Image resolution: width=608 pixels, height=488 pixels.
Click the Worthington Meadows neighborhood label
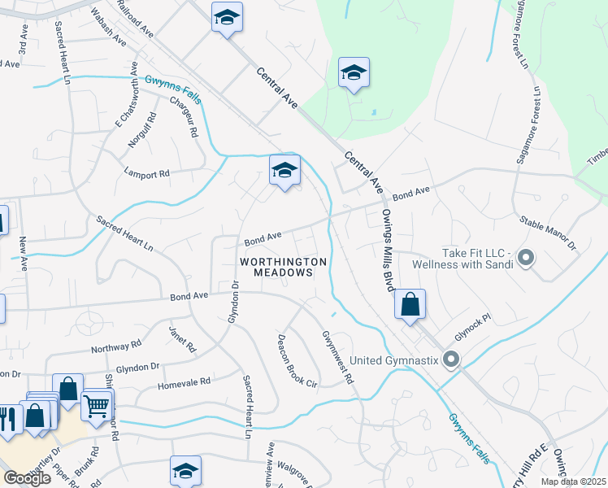pyautogui.click(x=284, y=267)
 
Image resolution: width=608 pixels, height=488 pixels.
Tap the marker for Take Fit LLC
pyautogui.click(x=526, y=259)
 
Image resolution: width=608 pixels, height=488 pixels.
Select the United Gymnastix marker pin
pyautogui.click(x=452, y=359)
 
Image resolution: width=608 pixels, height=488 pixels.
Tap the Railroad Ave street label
pyautogui.click(x=135, y=18)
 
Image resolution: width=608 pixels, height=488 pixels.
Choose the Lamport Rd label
pyautogui.click(x=146, y=173)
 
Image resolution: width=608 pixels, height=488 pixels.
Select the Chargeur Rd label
pyautogui.click(x=185, y=117)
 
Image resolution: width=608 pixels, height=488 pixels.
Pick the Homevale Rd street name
pyautogui.click(x=184, y=381)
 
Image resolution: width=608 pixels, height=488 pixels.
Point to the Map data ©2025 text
pyautogui.click(x=574, y=481)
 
